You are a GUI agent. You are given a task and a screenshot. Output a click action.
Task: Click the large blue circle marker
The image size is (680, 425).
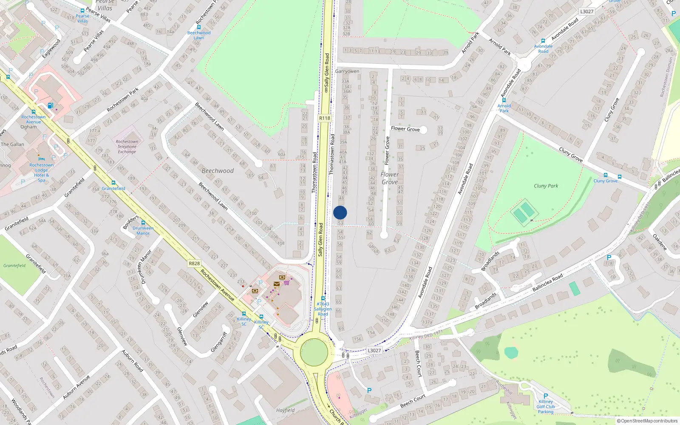click(340, 212)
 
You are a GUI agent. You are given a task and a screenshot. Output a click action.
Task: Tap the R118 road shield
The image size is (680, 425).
click(324, 118)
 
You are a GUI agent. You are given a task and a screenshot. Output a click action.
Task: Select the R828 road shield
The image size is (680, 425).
click(194, 263)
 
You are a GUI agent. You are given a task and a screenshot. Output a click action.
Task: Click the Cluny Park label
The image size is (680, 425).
click(546, 186)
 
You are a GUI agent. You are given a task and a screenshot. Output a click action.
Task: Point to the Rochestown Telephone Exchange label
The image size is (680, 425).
click(127, 147)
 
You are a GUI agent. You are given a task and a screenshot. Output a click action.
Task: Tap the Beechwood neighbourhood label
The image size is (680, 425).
click(218, 171)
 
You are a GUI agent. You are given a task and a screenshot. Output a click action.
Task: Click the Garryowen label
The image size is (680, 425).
click(347, 71)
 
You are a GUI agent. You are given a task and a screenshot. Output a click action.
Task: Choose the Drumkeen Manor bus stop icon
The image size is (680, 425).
click(143, 222)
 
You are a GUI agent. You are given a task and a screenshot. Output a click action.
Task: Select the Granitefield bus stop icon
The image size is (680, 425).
click(113, 183)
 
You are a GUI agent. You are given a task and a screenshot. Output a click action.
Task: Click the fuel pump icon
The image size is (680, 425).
click(50, 105)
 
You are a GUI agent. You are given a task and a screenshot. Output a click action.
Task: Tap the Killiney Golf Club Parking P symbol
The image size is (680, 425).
click(546, 396)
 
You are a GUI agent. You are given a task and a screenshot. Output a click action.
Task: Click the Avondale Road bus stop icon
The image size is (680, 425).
click(543, 41)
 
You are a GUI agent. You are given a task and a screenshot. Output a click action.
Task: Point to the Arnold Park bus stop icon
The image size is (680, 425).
click(504, 101)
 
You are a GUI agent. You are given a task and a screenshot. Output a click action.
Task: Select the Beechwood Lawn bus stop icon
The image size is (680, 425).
click(198, 27)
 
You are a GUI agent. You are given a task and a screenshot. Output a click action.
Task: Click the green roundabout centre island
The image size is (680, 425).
click(314, 352)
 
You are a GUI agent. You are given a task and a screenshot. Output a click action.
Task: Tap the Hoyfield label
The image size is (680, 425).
click(285, 410)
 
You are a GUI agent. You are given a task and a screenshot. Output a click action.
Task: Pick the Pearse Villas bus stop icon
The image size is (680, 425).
click(82, 11)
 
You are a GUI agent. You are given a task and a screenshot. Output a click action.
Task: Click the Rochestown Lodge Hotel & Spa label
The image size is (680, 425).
click(41, 173)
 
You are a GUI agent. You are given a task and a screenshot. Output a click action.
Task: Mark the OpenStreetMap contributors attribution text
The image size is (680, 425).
click(647, 421)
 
